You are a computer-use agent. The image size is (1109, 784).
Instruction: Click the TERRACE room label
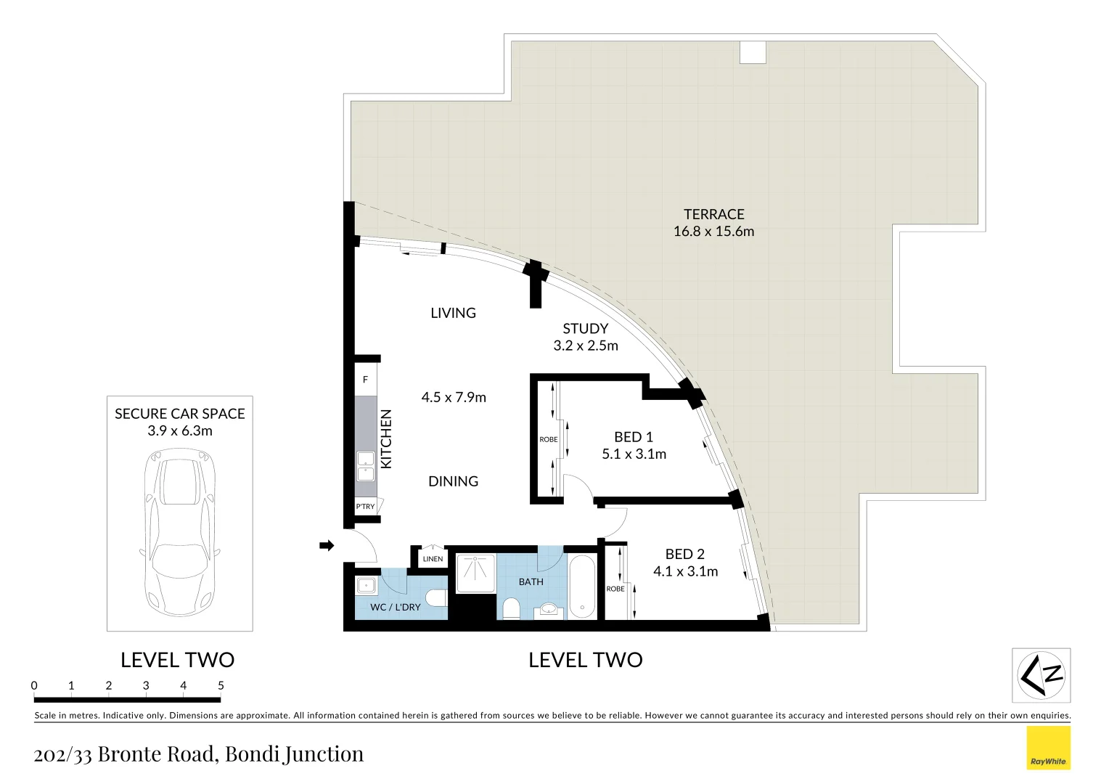[x=713, y=214]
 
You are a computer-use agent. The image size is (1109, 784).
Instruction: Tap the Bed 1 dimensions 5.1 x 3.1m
[x=634, y=454]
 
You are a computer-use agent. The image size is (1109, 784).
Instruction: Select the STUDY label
[x=585, y=329]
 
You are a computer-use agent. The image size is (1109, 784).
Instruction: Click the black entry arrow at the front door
[x=327, y=545]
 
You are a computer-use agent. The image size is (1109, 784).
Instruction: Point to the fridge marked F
[x=365, y=380]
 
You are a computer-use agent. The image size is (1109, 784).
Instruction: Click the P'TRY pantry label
[x=365, y=507]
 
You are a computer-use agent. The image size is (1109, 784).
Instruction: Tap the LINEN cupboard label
[x=433, y=559]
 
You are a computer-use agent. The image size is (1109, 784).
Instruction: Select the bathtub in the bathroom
[x=582, y=587]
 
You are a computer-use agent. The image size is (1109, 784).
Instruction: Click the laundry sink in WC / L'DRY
[x=366, y=585]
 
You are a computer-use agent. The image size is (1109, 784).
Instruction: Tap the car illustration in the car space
[x=179, y=534]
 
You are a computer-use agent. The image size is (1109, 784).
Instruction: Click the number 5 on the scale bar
[x=221, y=685]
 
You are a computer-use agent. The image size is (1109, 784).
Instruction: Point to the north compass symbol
[x=1041, y=676]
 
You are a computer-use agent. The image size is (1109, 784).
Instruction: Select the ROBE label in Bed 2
[x=615, y=589]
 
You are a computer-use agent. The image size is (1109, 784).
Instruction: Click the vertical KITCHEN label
[x=386, y=438]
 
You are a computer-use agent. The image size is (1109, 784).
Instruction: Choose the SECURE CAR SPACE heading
[x=179, y=414]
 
